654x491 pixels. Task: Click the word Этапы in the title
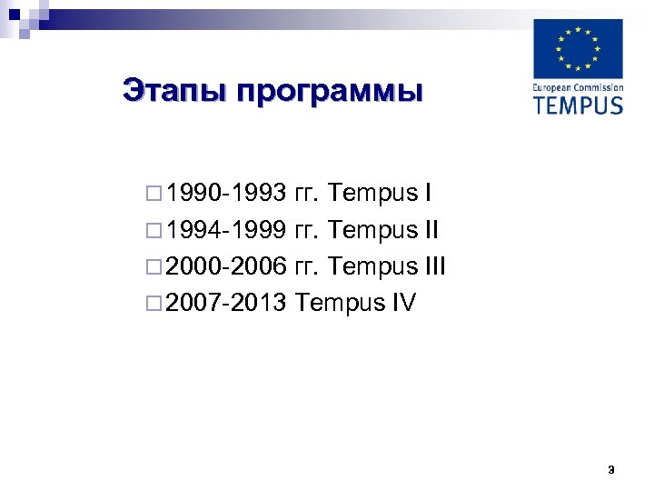168,91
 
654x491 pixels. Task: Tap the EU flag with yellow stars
578,49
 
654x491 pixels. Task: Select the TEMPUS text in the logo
578,104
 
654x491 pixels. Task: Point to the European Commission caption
578,87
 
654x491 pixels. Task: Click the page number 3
610,470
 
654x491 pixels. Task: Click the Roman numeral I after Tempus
427,194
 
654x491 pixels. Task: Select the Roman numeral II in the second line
431,230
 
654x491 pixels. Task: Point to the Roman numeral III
435,266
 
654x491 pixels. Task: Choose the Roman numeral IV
403,303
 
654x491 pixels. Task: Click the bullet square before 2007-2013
151,304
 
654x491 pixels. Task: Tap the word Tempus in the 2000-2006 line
371,266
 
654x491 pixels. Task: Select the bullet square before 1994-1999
151,231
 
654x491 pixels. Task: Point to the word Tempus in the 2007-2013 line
339,303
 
